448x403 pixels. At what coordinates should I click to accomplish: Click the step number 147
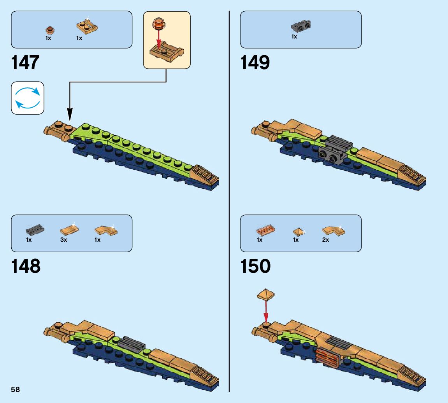[x=25, y=63]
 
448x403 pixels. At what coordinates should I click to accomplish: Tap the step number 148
[x=26, y=267]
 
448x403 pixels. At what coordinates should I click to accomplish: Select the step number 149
[x=255, y=63]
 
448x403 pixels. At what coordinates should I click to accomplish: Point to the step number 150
[x=255, y=267]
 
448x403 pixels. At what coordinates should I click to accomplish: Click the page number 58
[x=16, y=389]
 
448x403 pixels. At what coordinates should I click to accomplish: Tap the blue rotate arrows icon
[x=28, y=98]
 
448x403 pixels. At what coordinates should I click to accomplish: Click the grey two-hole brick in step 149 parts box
[x=301, y=26]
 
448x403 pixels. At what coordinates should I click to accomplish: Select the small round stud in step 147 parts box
[x=49, y=29]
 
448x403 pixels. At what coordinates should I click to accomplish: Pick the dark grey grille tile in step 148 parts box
[x=35, y=230]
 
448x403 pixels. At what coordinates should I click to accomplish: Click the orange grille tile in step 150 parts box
[x=266, y=230]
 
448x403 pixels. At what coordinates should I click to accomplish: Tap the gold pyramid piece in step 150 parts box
[x=298, y=231]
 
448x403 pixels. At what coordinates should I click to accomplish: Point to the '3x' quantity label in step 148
[x=63, y=240]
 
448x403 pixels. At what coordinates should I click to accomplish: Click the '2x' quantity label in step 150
[x=325, y=240]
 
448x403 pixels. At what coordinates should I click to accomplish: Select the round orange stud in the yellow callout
[x=158, y=23]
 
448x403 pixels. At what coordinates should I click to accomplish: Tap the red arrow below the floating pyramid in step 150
[x=266, y=311]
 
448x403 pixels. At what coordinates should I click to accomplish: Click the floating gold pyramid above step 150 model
[x=266, y=294]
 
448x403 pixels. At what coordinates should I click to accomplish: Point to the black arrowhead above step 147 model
[x=70, y=115]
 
